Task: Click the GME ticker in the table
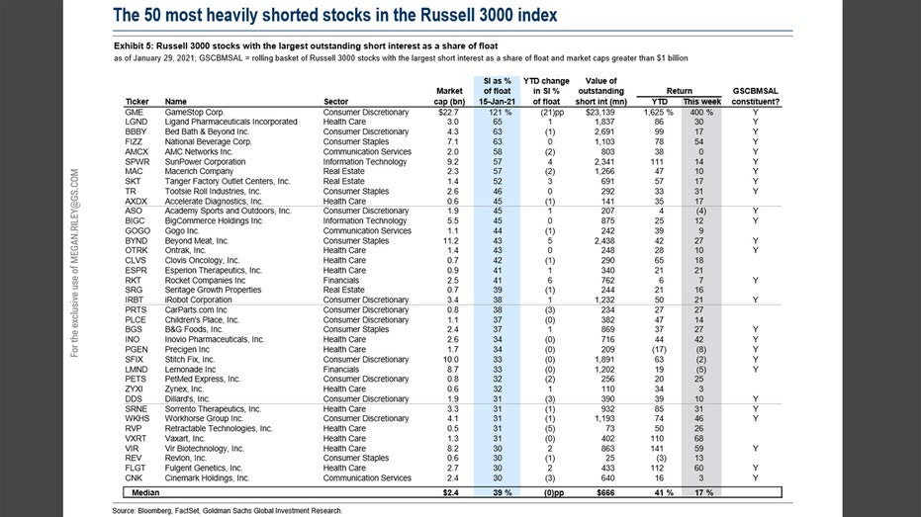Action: [x=134, y=112]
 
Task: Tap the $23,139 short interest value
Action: [x=600, y=112]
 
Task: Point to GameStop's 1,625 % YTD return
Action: [x=658, y=112]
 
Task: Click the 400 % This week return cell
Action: [x=701, y=112]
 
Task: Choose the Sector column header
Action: [x=335, y=102]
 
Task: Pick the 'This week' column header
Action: [x=702, y=102]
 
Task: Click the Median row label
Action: [x=145, y=492]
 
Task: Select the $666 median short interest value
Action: [x=605, y=492]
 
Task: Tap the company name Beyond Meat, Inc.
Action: [x=196, y=240]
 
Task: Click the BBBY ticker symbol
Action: [x=136, y=131]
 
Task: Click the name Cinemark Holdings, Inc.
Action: [x=207, y=477]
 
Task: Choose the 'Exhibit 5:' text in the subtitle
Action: [x=134, y=45]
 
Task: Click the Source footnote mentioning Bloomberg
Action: [x=228, y=510]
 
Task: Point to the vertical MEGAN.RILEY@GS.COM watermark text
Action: [x=74, y=263]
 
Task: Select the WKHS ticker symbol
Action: [x=137, y=418]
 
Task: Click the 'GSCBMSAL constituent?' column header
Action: [x=756, y=96]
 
